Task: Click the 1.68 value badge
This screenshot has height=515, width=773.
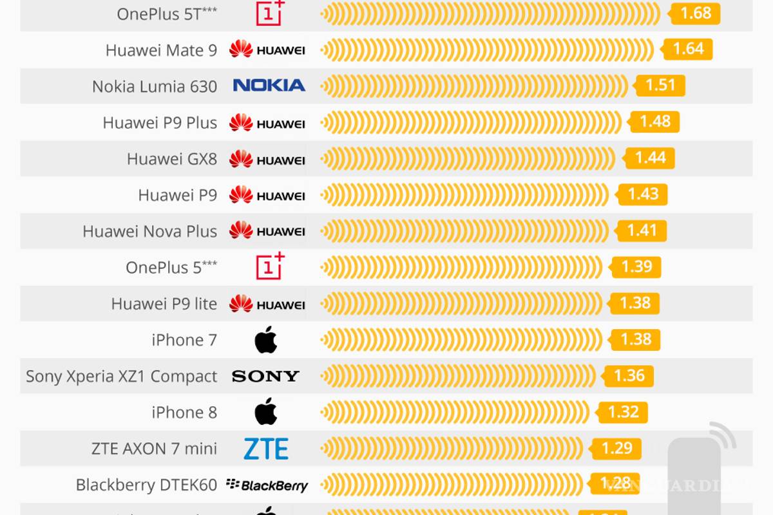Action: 695,14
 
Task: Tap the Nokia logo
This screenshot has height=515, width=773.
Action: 269,85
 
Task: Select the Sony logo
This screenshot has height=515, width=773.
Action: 265,376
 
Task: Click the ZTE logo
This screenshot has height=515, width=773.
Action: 266,449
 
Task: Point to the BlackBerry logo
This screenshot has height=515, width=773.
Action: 267,485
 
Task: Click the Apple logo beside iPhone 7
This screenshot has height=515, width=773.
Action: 266,339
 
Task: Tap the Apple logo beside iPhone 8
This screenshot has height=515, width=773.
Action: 266,412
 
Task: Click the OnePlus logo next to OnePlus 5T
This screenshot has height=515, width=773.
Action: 270,13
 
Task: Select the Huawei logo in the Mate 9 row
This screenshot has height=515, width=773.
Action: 267,49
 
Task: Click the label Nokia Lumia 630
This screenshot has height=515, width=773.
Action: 155,86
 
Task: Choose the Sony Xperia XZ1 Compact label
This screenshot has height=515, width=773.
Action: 122,377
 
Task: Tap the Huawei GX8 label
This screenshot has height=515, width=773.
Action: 172,159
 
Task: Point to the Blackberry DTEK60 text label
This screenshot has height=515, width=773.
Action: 146,485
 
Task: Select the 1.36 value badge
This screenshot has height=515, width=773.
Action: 628,376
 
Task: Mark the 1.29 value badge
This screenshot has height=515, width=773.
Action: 616,448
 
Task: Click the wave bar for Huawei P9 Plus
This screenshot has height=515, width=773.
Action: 471,122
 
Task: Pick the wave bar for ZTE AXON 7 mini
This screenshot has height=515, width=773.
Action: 452,449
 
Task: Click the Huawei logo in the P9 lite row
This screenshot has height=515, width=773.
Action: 267,303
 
